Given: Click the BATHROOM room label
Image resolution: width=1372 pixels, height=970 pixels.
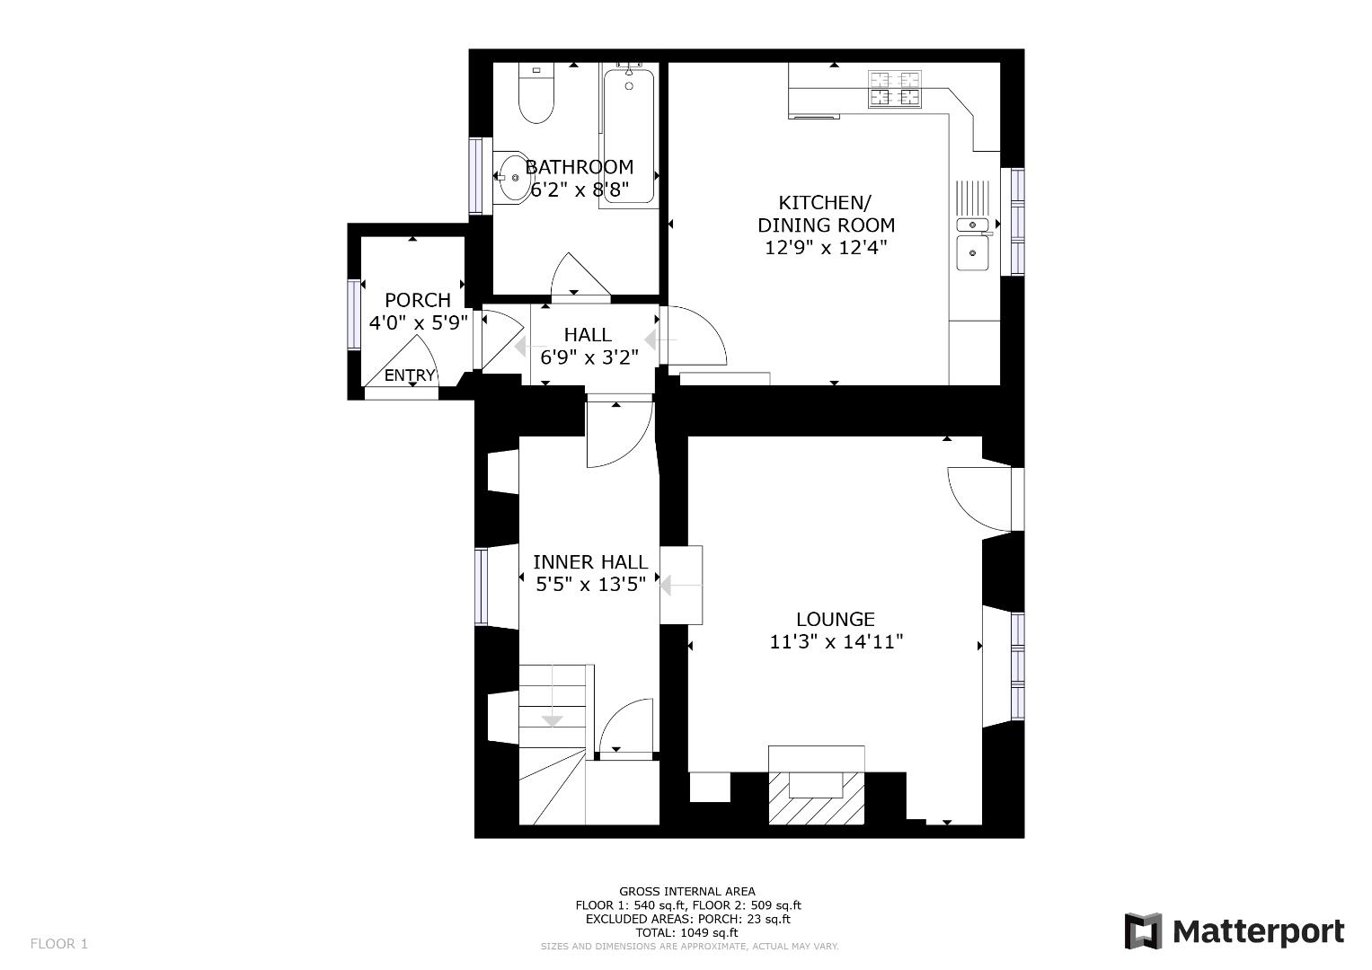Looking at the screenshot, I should pyautogui.click(x=579, y=167).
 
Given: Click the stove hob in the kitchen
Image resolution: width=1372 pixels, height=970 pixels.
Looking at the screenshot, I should pyautogui.click(x=895, y=89).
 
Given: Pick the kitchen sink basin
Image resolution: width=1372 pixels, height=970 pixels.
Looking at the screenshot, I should pyautogui.click(x=972, y=252).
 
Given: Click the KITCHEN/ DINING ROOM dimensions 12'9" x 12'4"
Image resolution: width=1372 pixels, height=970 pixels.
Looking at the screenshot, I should pyautogui.click(x=826, y=248).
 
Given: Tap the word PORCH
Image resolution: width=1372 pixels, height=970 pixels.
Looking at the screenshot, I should pyautogui.click(x=417, y=300).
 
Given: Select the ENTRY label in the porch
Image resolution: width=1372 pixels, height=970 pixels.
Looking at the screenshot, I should pyautogui.click(x=410, y=375).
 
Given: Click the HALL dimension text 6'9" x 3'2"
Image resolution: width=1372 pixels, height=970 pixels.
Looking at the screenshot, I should pyautogui.click(x=589, y=357).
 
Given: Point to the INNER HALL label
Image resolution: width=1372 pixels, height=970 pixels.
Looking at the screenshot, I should pyautogui.click(x=589, y=562).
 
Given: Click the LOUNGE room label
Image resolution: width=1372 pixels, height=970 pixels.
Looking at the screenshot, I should pyautogui.click(x=835, y=619).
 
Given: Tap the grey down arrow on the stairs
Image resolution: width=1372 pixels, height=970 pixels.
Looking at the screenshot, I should pyautogui.click(x=552, y=719).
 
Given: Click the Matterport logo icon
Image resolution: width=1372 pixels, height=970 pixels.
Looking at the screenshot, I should pyautogui.click(x=1143, y=931).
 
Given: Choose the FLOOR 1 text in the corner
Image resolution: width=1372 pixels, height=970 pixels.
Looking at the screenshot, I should pyautogui.click(x=59, y=944).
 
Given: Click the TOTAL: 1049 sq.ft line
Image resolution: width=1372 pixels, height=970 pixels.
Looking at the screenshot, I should pyautogui.click(x=687, y=932).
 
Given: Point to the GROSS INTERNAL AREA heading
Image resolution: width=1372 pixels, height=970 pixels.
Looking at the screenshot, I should pyautogui.click(x=687, y=892).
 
